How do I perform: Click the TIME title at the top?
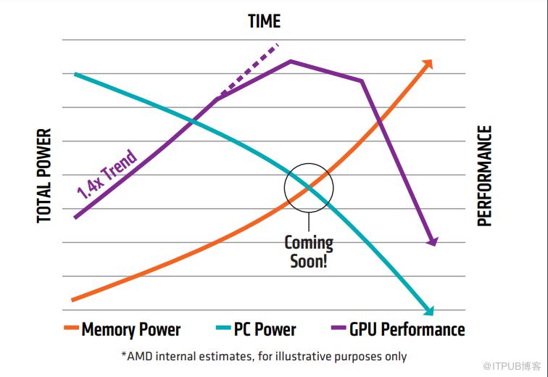[264, 21]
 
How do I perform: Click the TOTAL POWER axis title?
[45, 175]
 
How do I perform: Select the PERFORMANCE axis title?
[485, 175]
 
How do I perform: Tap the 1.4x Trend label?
[107, 174]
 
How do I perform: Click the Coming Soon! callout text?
[309, 252]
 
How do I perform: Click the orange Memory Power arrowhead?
[428, 63]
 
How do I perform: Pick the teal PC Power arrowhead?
[428, 310]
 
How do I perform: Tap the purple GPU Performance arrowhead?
[432, 241]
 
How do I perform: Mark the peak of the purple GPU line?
[291, 61]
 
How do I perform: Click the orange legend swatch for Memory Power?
[71, 329]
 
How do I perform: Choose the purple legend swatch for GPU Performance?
[339, 329]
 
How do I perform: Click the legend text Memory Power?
[131, 330]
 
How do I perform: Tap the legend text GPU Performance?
[407, 330]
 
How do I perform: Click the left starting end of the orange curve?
[72, 299]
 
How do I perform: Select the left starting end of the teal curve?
[75, 74]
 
